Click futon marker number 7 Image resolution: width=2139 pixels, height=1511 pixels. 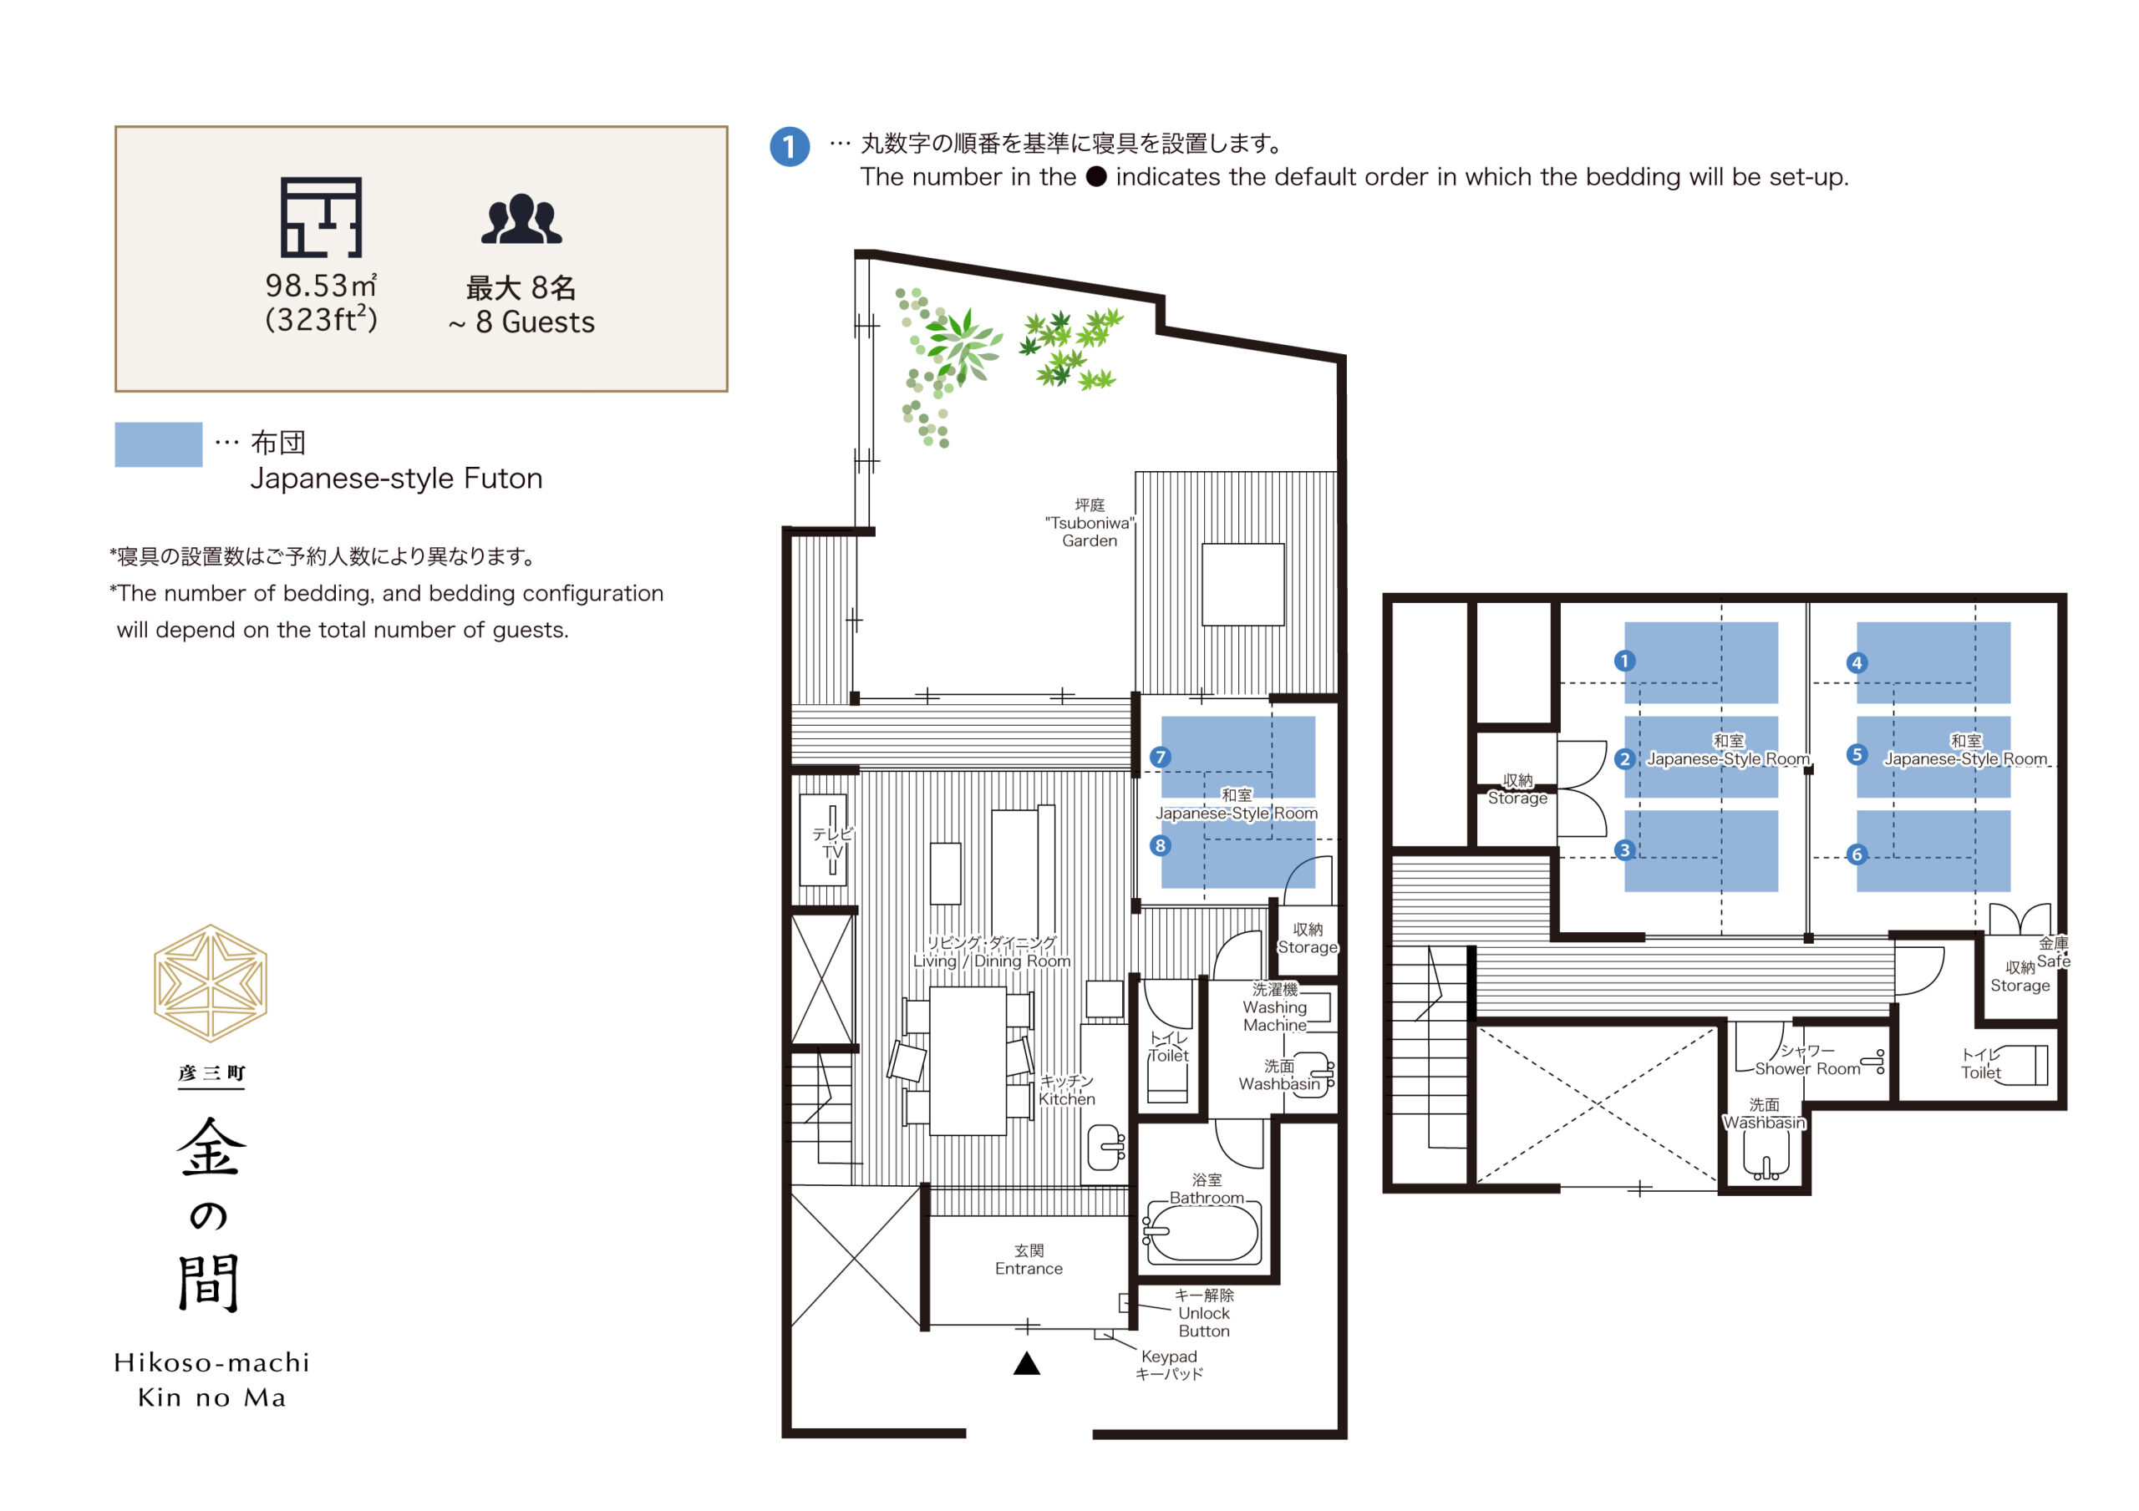(1160, 757)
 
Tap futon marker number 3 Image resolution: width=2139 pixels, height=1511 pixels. (1625, 849)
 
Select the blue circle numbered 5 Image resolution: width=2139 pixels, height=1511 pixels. (1857, 754)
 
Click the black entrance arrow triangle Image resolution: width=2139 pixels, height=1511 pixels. (1027, 1364)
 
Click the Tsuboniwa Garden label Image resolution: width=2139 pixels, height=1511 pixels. (1089, 523)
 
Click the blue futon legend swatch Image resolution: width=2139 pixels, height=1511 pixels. (159, 444)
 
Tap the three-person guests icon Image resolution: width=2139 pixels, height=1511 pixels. (521, 219)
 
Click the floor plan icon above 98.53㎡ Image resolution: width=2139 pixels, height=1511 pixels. (322, 217)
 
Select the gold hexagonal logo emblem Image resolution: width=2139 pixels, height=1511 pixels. (211, 983)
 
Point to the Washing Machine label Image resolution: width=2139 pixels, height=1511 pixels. (1274, 1007)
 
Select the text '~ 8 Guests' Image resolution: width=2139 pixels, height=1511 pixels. (521, 322)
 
